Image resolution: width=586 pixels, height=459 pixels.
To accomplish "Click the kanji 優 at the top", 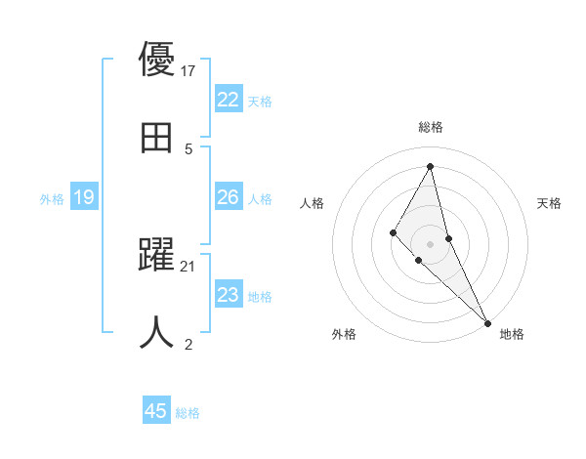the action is tap(156, 60).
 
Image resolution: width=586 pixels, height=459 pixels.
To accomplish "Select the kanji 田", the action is tap(156, 138).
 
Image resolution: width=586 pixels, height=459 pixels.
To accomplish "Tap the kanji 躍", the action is tap(156, 255).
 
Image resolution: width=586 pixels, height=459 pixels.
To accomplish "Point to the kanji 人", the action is tap(156, 332).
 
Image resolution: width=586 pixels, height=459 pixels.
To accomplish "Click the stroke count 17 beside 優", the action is tap(189, 70).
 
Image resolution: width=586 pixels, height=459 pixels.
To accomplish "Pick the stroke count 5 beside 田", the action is tap(188, 148).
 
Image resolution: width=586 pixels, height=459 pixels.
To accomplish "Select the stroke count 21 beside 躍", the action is tap(189, 266).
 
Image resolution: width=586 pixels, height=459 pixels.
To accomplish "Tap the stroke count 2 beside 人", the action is tap(188, 344).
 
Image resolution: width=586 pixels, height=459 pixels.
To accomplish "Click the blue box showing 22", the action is tap(229, 100).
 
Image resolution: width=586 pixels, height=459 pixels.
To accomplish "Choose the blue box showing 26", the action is tap(229, 197).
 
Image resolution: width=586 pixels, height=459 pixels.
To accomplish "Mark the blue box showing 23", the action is tap(229, 295).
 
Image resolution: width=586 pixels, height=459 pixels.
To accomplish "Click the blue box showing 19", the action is tap(83, 198).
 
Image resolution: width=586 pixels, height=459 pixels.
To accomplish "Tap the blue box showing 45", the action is tap(156, 411).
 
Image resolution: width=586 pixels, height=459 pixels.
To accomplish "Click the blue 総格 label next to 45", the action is tap(188, 413).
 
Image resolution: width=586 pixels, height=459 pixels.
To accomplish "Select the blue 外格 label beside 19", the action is tap(52, 199).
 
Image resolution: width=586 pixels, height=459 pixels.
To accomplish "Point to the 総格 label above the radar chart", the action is tap(431, 127).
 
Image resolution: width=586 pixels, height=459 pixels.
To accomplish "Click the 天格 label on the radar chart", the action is tap(550, 203).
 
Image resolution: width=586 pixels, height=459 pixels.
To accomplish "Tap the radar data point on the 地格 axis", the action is tap(487, 321).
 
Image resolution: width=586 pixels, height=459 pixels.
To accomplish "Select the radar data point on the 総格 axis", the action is tap(431, 166).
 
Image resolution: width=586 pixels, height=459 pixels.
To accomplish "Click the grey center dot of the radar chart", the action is tap(431, 243).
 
